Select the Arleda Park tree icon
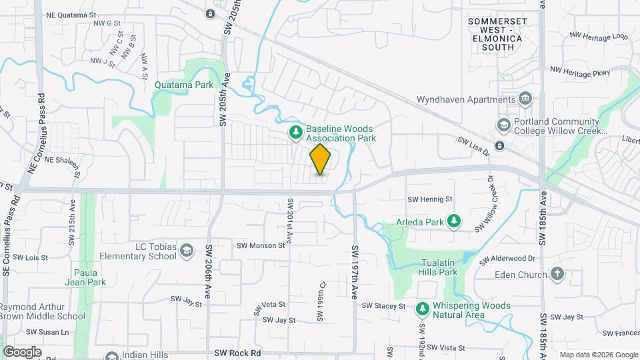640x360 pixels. [454, 220]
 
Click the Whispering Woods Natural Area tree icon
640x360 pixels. [421, 309]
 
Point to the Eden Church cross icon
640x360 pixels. [557, 274]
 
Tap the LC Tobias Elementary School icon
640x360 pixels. [187, 251]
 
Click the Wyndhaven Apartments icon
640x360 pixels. [525, 99]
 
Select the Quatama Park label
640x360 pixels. [184, 85]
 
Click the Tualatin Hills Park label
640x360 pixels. [438, 267]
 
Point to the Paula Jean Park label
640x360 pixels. [90, 277]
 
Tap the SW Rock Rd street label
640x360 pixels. [237, 353]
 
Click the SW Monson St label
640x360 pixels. [261, 245]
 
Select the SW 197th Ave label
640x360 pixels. [355, 272]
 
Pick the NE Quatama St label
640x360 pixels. [73, 14]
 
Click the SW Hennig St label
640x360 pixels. [430, 199]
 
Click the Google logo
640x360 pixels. [22, 352]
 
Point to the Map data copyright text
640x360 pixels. [597, 355]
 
